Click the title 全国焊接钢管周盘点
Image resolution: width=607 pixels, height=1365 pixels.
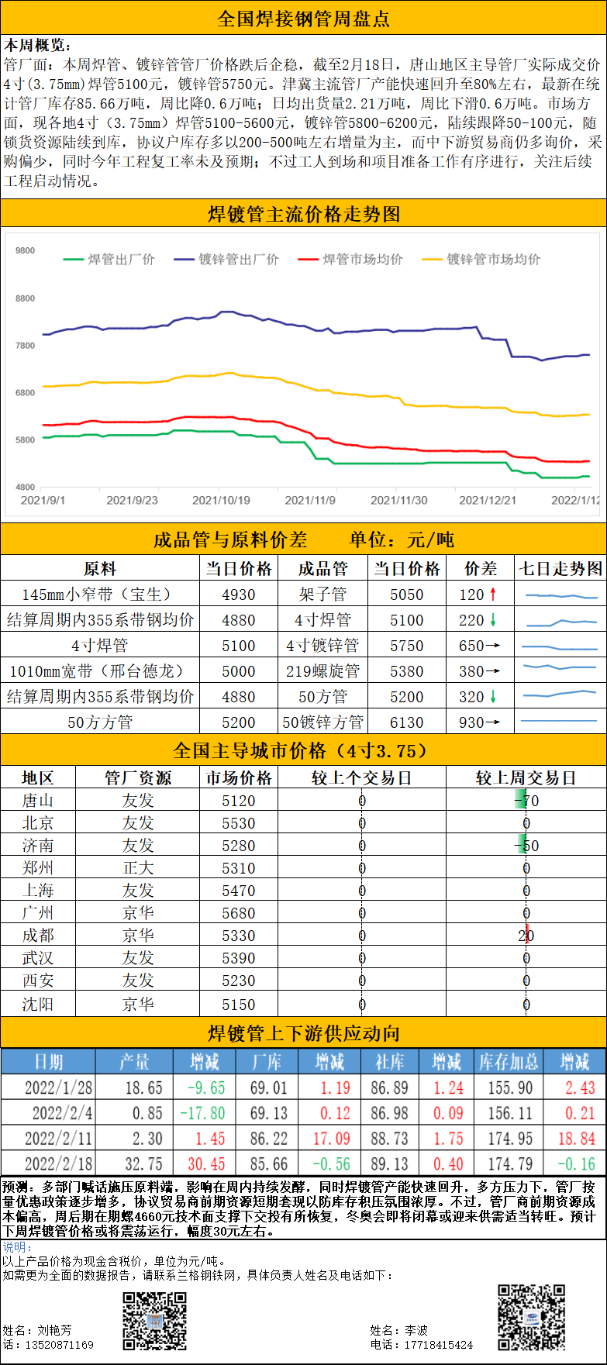click(x=303, y=19)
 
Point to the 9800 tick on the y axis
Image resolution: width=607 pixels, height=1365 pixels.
click(x=25, y=251)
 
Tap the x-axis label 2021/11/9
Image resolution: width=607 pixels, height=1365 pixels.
click(x=310, y=501)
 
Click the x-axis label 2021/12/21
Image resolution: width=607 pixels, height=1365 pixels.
click(x=488, y=501)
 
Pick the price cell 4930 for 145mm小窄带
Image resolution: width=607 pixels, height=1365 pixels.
click(x=238, y=595)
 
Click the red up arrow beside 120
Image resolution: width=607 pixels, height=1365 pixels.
click(x=492, y=595)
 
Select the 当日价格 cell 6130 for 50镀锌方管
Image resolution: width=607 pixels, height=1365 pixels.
click(x=407, y=722)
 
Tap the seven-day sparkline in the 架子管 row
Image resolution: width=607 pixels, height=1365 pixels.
click(x=560, y=595)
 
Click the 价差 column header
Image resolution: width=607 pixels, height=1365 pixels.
click(x=481, y=569)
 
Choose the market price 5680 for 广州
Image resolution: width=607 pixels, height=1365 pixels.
click(x=238, y=913)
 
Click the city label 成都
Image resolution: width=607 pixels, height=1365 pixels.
click(x=38, y=936)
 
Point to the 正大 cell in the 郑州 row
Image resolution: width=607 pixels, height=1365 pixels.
click(x=138, y=868)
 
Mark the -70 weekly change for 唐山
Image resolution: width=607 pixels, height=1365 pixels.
click(x=526, y=801)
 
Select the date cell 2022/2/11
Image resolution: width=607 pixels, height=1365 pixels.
click(x=58, y=1139)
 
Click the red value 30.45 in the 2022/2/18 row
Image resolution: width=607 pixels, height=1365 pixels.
click(x=205, y=1164)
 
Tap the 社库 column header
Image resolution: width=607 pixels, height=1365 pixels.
click(x=389, y=1062)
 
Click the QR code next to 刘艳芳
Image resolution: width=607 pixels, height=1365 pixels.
click(x=154, y=1322)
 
